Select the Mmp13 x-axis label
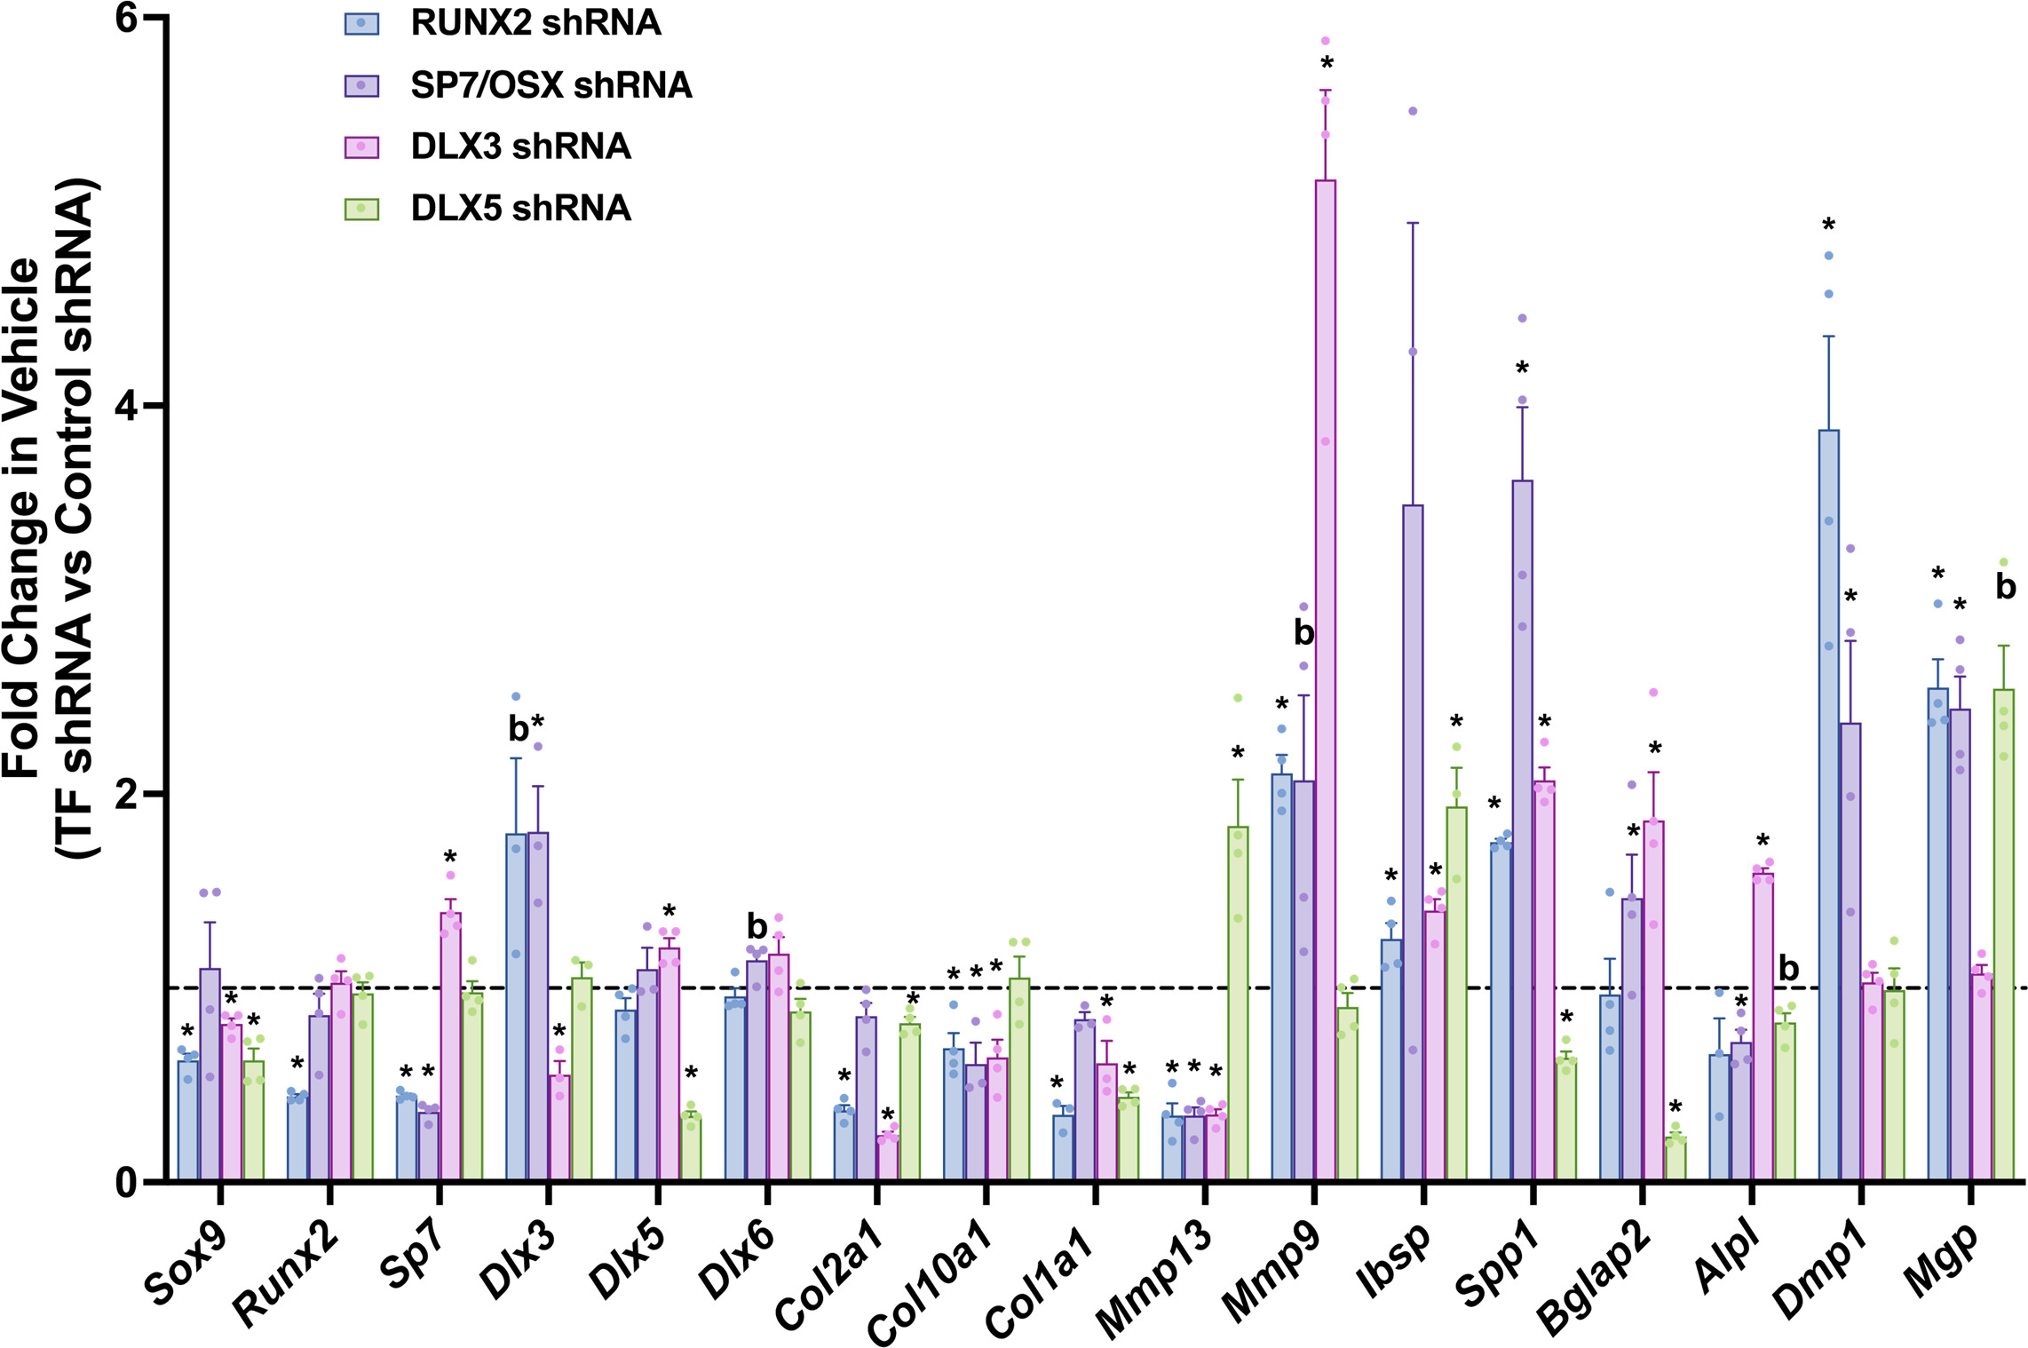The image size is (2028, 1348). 1153,1279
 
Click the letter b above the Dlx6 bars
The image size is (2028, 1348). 757,927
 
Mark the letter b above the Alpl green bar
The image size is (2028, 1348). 1788,969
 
